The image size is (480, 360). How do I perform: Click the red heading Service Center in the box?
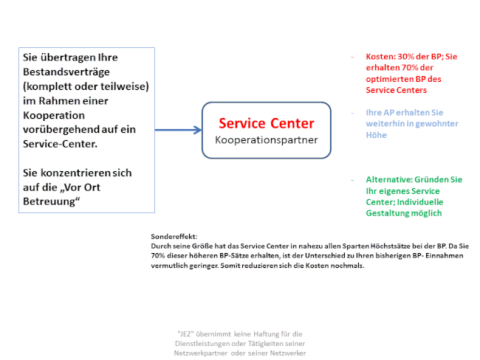[267, 123]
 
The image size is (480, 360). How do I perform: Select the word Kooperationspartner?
[267, 140]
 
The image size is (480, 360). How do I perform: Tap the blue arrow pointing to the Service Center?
[178, 130]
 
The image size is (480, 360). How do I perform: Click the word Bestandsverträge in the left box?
[66, 72]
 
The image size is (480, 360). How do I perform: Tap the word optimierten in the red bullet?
[386, 79]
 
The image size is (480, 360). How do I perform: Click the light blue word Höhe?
[376, 135]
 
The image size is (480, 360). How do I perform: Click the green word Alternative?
[386, 179]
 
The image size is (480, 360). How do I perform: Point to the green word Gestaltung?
[384, 213]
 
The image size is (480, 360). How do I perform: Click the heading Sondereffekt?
[174, 236]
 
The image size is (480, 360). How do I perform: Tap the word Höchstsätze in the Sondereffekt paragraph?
[388, 246]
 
